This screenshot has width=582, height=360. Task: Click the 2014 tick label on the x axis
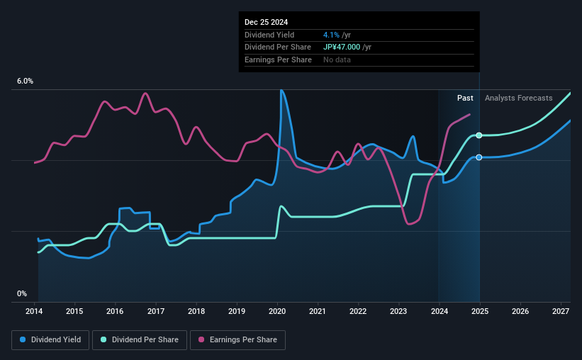(x=35, y=311)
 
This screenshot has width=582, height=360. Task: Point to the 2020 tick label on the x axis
(x=277, y=311)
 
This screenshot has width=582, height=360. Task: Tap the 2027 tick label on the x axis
(x=560, y=311)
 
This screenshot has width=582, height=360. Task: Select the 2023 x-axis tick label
(x=398, y=311)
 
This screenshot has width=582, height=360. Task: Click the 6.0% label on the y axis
(x=25, y=81)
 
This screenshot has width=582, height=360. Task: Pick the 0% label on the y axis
(x=22, y=293)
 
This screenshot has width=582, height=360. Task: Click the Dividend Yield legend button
(x=50, y=340)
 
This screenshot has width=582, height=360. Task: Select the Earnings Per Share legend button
(x=237, y=340)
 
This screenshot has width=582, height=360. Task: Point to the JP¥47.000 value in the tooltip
(x=342, y=47)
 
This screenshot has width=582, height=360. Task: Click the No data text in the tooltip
(x=337, y=60)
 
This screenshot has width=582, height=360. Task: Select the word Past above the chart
(x=465, y=98)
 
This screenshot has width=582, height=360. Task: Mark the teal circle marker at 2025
(x=479, y=135)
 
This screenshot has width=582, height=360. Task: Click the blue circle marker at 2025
(x=479, y=157)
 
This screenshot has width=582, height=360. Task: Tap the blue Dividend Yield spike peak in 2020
(x=281, y=90)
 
